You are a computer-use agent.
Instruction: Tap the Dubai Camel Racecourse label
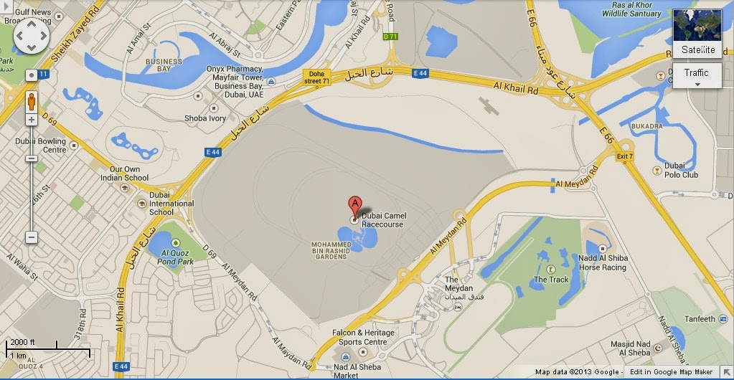click(382, 219)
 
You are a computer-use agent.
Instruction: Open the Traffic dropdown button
click(696, 75)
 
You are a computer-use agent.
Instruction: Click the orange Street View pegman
click(32, 102)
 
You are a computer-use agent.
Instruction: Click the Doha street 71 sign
click(316, 77)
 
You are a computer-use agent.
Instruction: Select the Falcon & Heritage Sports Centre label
click(363, 338)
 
